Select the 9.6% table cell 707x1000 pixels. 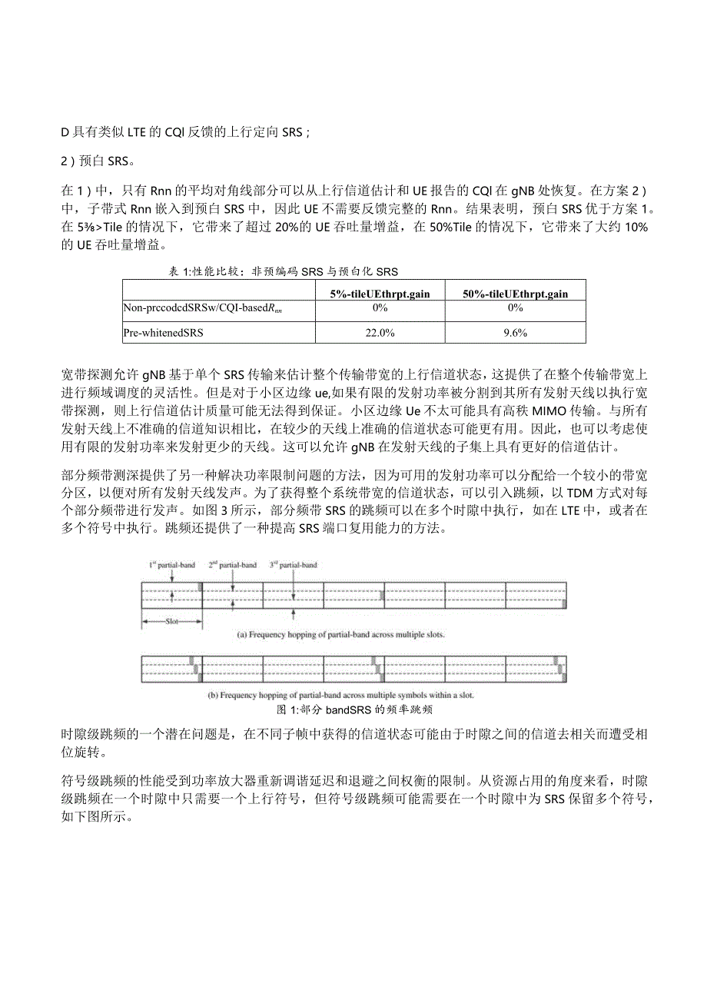click(x=516, y=332)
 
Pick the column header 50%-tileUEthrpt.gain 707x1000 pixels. click(x=516, y=294)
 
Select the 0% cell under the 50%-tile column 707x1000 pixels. click(x=516, y=307)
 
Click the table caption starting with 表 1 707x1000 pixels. click(x=283, y=271)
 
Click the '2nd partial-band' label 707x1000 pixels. click(x=233, y=565)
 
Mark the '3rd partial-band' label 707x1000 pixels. click(x=294, y=565)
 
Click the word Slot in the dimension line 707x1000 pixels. click(x=171, y=623)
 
